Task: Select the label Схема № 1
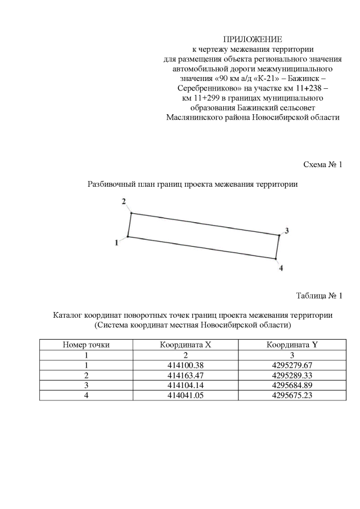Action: [323, 165]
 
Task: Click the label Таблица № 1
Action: [319, 295]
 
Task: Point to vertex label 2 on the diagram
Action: [124, 201]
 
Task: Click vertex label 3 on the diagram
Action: [286, 231]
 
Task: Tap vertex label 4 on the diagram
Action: [281, 268]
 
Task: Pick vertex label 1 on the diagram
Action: [116, 242]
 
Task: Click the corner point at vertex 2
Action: [131, 213]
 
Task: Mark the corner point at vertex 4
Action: [276, 259]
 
